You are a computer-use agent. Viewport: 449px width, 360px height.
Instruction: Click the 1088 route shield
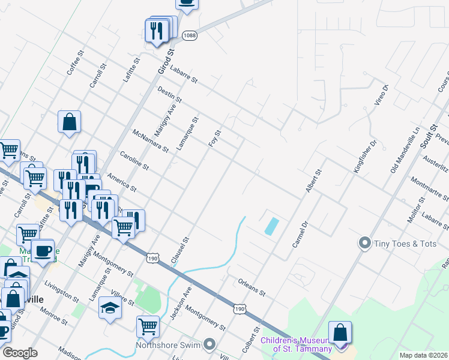pyautogui.click(x=190, y=36)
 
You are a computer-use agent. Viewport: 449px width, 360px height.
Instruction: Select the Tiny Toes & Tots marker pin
pyautogui.click(x=364, y=243)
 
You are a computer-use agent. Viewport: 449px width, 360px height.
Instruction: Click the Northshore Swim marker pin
pyautogui.click(x=209, y=344)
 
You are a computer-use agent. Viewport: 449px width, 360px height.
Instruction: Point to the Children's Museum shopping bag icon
pyautogui.click(x=340, y=333)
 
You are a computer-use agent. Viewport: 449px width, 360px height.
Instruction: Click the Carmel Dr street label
pyautogui.click(x=300, y=235)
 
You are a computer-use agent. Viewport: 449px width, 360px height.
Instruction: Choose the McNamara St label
pyautogui.click(x=149, y=140)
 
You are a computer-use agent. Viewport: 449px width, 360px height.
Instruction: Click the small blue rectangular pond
pyautogui.click(x=271, y=226)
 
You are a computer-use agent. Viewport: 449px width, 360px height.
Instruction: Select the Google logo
pyautogui.click(x=19, y=353)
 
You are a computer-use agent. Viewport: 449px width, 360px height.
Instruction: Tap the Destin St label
pyautogui.click(x=169, y=94)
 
